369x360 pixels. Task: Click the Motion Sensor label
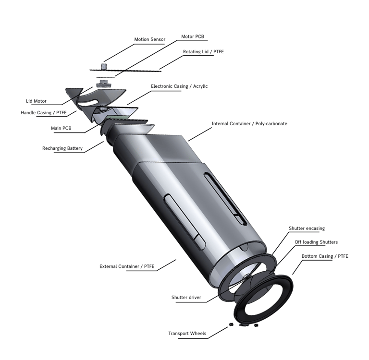[150, 39]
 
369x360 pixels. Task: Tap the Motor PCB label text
[193, 36]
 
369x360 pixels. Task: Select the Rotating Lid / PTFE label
[203, 51]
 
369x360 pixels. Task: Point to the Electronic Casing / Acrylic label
[179, 86]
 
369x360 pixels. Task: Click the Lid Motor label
[36, 101]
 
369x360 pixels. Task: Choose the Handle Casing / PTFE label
[44, 113]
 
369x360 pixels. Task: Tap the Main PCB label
[61, 128]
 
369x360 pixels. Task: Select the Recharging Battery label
[62, 148]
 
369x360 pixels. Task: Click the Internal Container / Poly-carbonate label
[249, 124]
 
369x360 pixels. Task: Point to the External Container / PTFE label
[127, 266]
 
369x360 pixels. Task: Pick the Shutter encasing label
[307, 228]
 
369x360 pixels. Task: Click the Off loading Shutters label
[316, 242]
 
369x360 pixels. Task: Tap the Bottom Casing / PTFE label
[325, 256]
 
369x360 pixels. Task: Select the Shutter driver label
[186, 298]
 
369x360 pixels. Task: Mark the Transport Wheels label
[187, 334]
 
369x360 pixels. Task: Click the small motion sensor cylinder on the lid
[104, 66]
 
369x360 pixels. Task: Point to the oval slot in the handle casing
[88, 102]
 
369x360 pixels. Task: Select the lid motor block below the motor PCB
[103, 84]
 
